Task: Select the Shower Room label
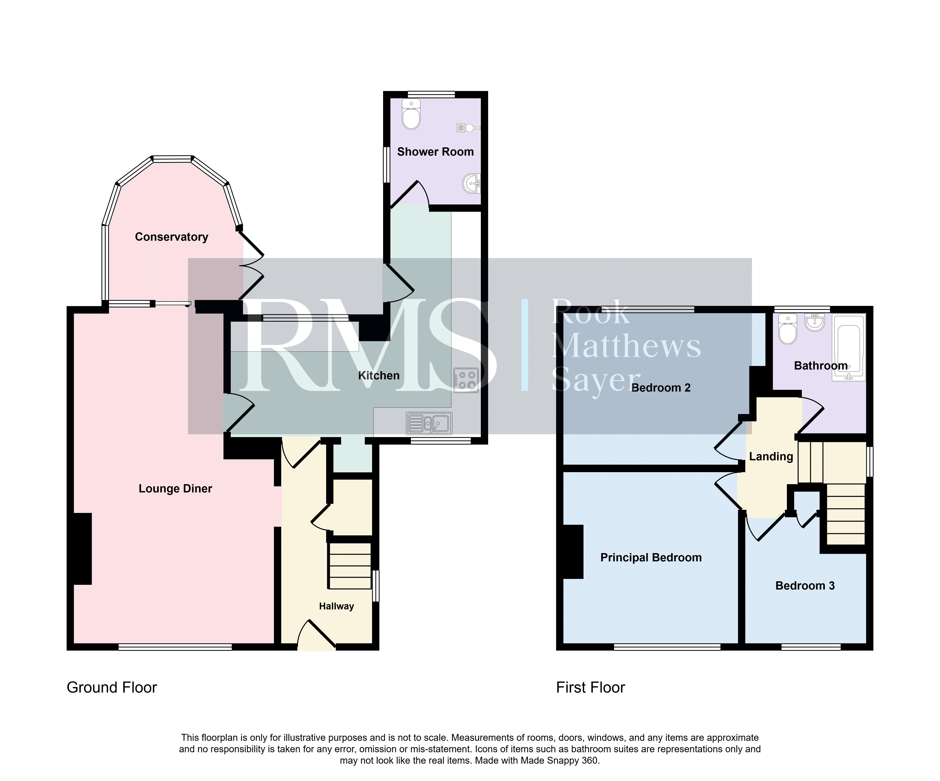tap(435, 152)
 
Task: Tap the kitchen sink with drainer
tap(429, 423)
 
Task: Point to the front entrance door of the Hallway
tap(316, 634)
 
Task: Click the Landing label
tap(771, 456)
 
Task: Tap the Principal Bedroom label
tap(651, 557)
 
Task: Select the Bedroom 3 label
tap(805, 586)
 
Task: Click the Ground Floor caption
tap(112, 687)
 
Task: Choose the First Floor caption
tap(590, 687)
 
